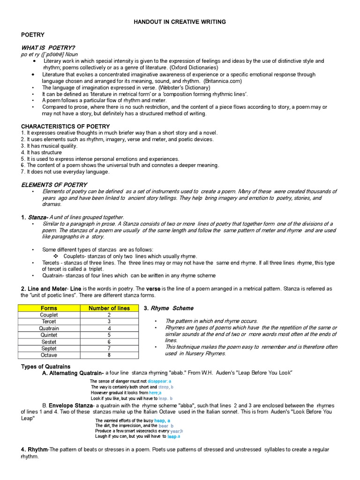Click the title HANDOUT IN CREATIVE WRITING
click(180, 22)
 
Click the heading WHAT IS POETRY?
click(48, 48)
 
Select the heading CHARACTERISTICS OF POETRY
click(66, 127)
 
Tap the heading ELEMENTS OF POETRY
click(54, 185)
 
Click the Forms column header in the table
click(49, 308)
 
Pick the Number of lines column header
click(109, 308)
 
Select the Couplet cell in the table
click(49, 315)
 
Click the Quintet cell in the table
click(49, 335)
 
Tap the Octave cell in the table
click(49, 355)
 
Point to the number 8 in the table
click(109, 355)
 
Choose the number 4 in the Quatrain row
click(109, 329)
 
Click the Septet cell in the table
click(49, 349)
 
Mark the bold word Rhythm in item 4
click(37, 450)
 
